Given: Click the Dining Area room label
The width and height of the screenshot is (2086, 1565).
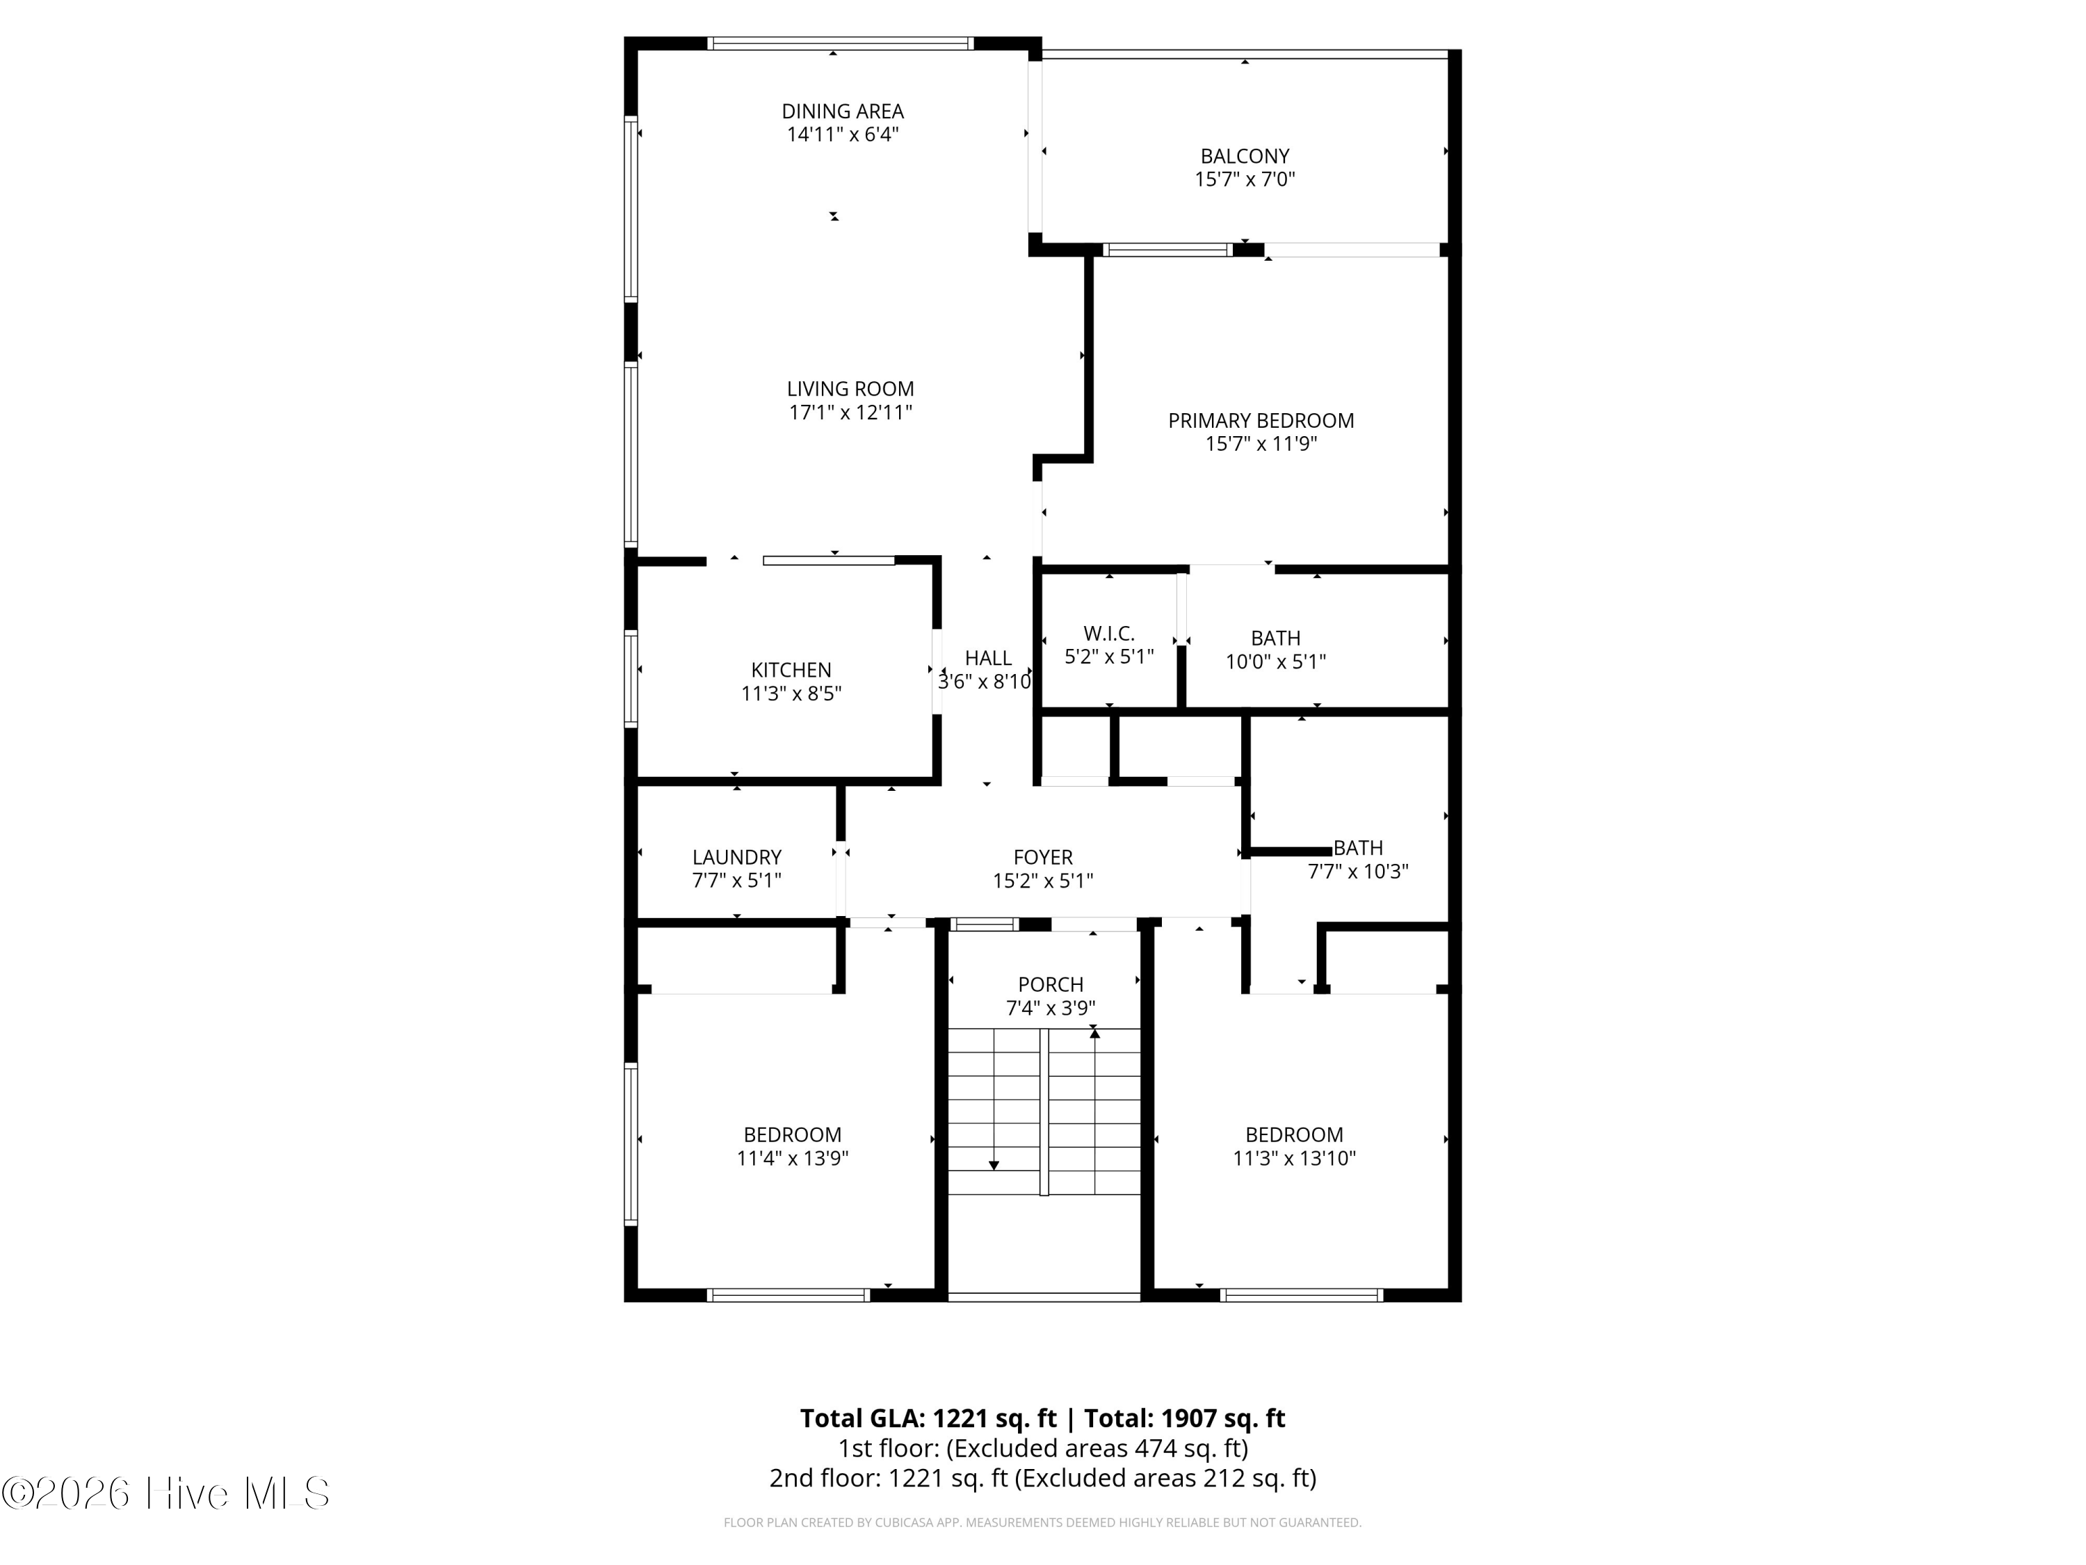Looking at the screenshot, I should tap(842, 111).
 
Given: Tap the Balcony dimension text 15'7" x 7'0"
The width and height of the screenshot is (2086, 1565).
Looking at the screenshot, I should tap(1244, 179).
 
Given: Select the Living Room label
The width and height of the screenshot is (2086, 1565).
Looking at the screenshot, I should tap(850, 389).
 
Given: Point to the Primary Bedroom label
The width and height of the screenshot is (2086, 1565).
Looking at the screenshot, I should tap(1260, 421).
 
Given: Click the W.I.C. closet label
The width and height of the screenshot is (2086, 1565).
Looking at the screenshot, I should tap(1108, 634).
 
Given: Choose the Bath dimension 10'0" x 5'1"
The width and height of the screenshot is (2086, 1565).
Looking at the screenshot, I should tap(1275, 662).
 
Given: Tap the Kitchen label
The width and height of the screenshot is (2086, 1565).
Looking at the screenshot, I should tap(791, 670).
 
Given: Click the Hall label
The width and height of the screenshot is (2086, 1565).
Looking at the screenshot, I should tap(987, 659).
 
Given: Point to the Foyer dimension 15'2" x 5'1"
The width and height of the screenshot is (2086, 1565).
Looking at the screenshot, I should tap(1042, 881).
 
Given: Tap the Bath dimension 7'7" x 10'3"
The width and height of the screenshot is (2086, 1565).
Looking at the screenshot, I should tap(1357, 872).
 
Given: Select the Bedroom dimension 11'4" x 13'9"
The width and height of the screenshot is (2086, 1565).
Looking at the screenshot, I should tap(792, 1158).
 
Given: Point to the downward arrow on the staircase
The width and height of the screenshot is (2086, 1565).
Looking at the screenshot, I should tap(993, 1165).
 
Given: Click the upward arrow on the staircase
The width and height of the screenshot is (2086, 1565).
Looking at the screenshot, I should tap(1094, 1034).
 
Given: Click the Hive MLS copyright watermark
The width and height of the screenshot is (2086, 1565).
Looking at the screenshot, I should tap(166, 1493).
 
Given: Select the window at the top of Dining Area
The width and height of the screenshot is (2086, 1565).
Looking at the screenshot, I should tap(839, 43).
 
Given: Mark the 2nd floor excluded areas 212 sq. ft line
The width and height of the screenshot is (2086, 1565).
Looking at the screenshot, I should tap(1042, 1478).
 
